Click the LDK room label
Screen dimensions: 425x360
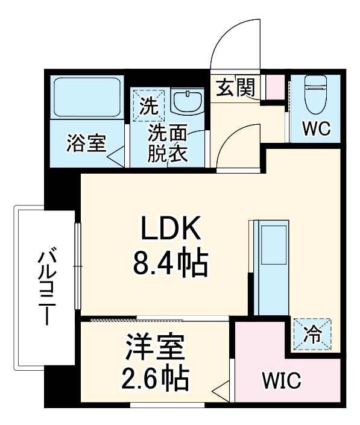click(169, 230)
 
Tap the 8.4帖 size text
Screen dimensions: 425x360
click(169, 263)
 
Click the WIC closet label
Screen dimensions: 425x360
click(280, 381)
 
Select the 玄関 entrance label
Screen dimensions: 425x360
click(236, 89)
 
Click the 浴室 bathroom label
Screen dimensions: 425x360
click(86, 145)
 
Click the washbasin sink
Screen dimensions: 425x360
click(187, 101)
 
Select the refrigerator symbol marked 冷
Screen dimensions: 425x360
click(312, 333)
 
